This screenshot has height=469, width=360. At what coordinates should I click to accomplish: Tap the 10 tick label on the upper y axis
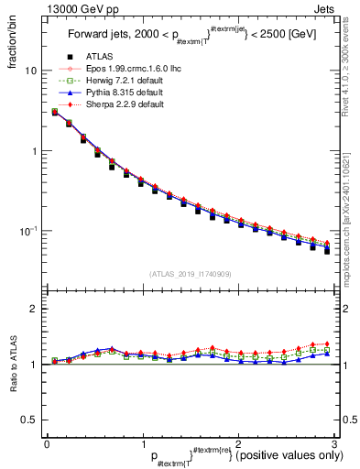31,71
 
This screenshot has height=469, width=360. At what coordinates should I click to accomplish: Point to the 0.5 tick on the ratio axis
29,420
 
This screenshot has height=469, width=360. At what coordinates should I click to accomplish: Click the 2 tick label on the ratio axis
34,310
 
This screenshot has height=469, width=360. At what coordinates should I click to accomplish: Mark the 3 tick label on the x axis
333,444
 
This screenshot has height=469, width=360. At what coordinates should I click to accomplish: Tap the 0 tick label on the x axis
47,444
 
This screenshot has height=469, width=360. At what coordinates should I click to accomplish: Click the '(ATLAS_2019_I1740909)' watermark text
191,273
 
